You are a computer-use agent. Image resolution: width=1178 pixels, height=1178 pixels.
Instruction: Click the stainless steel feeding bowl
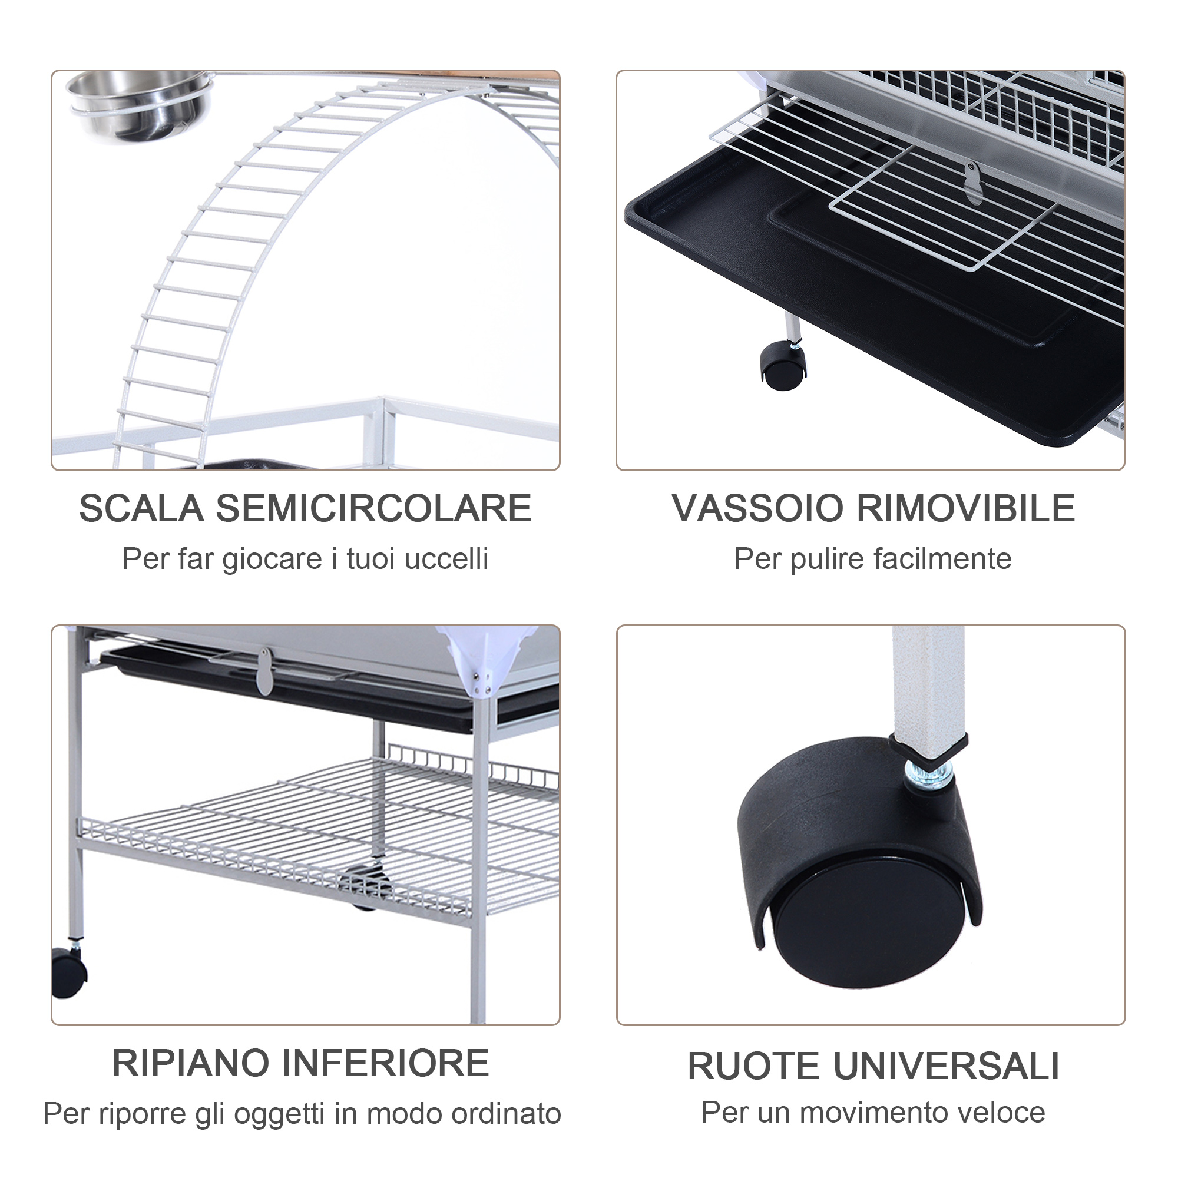[139, 104]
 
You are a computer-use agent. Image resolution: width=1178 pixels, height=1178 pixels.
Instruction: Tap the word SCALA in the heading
[141, 508]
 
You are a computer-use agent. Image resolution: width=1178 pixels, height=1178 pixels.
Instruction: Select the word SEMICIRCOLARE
[373, 508]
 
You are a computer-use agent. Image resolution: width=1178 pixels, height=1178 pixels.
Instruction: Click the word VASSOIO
[757, 508]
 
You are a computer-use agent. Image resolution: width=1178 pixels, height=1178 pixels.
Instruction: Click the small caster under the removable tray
[782, 365]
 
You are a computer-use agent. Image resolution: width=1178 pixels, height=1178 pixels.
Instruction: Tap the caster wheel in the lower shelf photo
[68, 972]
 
